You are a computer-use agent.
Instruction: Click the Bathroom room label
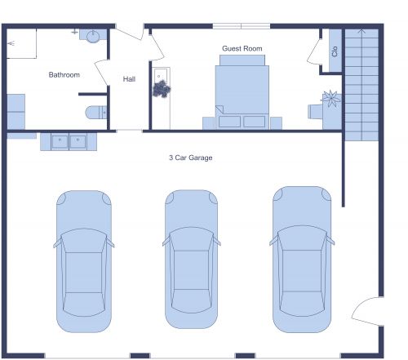(x=64, y=75)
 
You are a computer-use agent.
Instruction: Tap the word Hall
(x=129, y=79)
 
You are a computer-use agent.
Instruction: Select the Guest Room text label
(x=242, y=49)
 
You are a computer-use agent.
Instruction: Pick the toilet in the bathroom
(x=95, y=112)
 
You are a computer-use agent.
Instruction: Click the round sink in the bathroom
(x=92, y=35)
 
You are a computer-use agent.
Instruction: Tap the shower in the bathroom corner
(x=23, y=43)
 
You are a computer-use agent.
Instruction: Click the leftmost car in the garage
(x=82, y=261)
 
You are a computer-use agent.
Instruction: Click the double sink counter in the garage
(x=69, y=141)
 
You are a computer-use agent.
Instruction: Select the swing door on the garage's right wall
(x=366, y=312)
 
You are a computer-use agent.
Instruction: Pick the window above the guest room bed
(x=242, y=26)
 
